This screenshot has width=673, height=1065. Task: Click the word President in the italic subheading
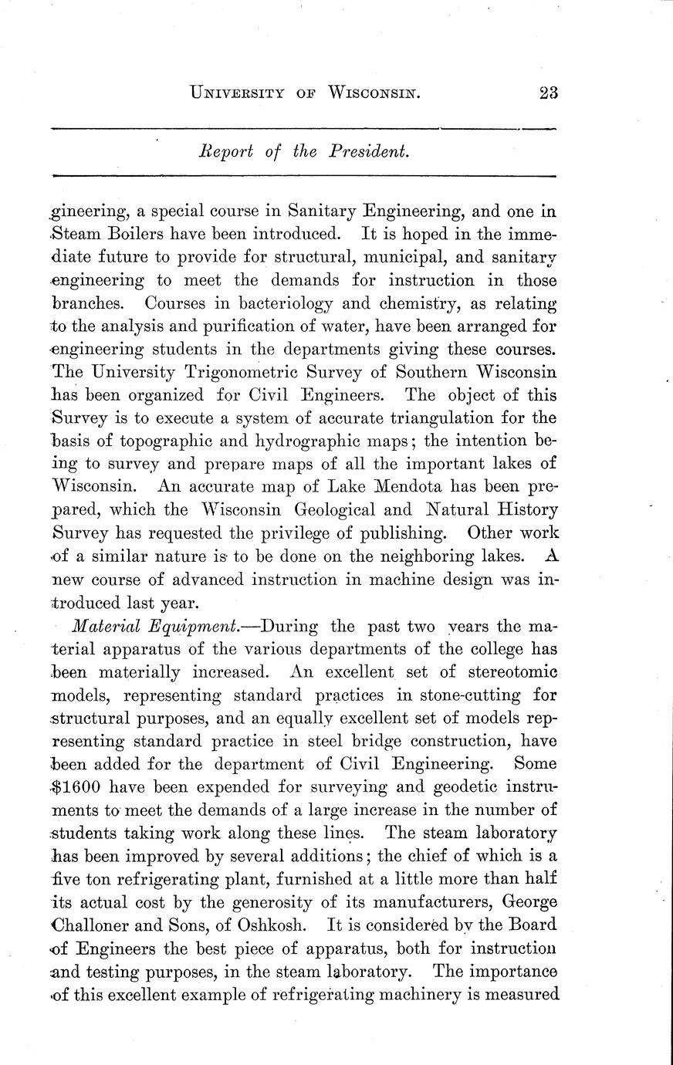pos(368,152)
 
